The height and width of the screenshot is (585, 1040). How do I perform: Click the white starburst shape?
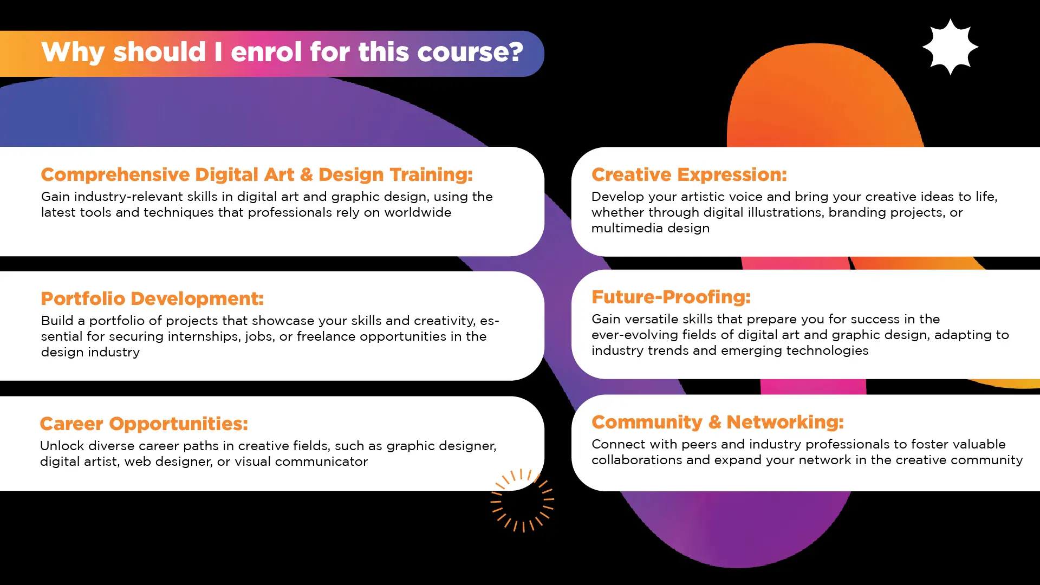tap(950, 47)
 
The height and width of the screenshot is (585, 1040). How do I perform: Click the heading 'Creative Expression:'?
tap(689, 174)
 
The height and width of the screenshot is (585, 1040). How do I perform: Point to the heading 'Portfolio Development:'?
tap(152, 298)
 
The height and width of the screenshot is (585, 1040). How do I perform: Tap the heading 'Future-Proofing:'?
tap(671, 297)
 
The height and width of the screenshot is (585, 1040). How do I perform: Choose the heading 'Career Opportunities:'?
tap(144, 424)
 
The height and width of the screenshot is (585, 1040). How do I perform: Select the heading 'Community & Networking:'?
tap(718, 422)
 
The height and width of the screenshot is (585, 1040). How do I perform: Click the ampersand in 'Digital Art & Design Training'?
tap(306, 174)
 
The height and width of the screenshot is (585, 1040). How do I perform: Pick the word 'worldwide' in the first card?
tap(418, 212)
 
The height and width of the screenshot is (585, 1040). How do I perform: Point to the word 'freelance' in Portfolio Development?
tap(326, 336)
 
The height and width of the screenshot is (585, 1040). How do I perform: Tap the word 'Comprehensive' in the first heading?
tap(115, 175)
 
